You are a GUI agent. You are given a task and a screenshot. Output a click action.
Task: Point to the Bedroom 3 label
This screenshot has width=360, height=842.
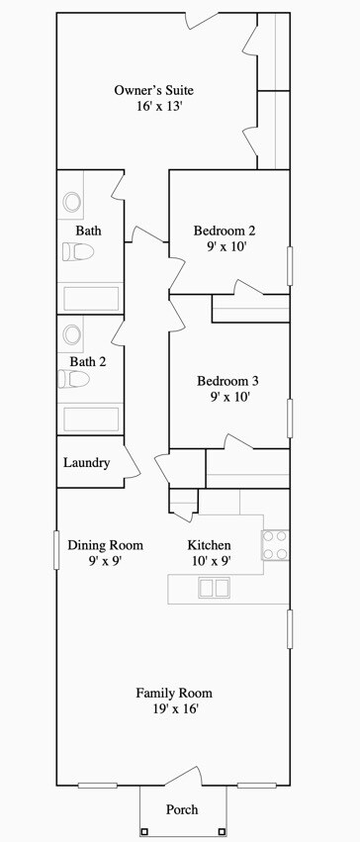[227, 381]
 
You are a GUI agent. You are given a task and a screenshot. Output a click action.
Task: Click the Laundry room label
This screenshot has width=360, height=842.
[86, 462]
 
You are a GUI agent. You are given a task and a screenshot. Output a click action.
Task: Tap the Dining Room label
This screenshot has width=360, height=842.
[105, 545]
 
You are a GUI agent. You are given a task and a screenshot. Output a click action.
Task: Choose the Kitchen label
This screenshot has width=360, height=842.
[209, 545]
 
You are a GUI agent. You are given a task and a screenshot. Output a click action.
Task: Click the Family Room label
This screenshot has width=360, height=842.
[174, 693]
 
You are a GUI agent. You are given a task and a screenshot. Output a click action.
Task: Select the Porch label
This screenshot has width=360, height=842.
[182, 809]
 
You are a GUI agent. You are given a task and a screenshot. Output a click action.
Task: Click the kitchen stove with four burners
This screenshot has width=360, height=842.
[275, 545]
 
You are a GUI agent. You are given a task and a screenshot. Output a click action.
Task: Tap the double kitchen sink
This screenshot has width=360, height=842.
[214, 588]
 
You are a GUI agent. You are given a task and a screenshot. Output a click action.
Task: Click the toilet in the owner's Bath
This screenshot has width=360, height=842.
[77, 252]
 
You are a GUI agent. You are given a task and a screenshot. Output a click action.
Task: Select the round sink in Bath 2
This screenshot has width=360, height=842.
[72, 333]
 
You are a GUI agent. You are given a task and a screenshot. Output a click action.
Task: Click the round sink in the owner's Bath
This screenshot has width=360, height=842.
[72, 202]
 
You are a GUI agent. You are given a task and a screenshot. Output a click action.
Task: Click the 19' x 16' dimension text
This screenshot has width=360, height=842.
[174, 708]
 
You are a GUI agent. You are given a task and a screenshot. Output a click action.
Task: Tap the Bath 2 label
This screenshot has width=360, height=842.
[88, 362]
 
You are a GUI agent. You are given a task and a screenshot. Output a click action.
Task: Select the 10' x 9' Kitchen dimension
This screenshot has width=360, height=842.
[209, 560]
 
